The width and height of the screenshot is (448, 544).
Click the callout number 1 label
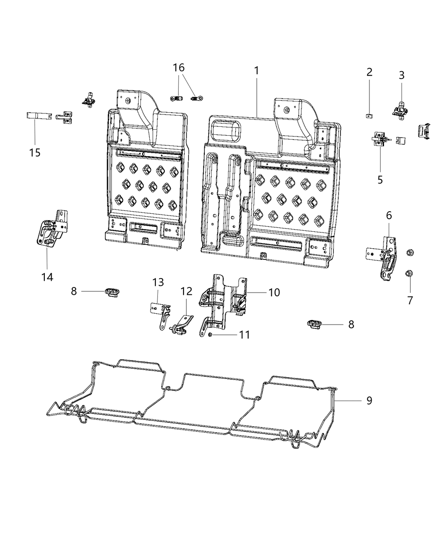pos(256,71)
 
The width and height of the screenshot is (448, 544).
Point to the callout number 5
pos(380,180)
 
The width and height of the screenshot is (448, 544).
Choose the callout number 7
pos(410,300)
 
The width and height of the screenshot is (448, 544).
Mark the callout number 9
pos(369,401)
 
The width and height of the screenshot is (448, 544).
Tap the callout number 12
pos(186,291)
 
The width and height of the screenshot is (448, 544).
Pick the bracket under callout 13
pos(161,315)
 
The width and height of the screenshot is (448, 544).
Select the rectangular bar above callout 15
pos(39,116)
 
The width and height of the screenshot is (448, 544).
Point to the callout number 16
pos(179,67)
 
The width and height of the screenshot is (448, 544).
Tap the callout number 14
pos(47,277)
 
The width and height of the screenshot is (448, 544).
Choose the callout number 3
pos(401,75)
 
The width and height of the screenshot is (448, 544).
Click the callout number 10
pos(273,292)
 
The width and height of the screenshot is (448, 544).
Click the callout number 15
pos(35,152)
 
